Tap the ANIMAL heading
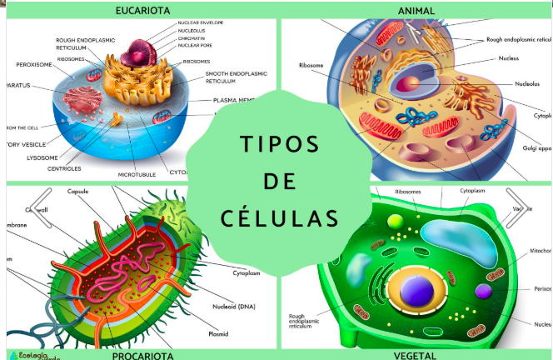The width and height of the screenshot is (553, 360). coord(416,11)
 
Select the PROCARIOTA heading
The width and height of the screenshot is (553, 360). coord(143,355)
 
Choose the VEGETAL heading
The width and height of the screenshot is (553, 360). coord(416,355)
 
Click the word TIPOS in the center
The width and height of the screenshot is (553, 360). coord(279,143)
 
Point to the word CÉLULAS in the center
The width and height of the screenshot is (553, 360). coord(280,218)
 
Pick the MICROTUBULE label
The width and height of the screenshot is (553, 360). coord(137,175)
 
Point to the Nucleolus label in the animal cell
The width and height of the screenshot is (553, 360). coord(526,83)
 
